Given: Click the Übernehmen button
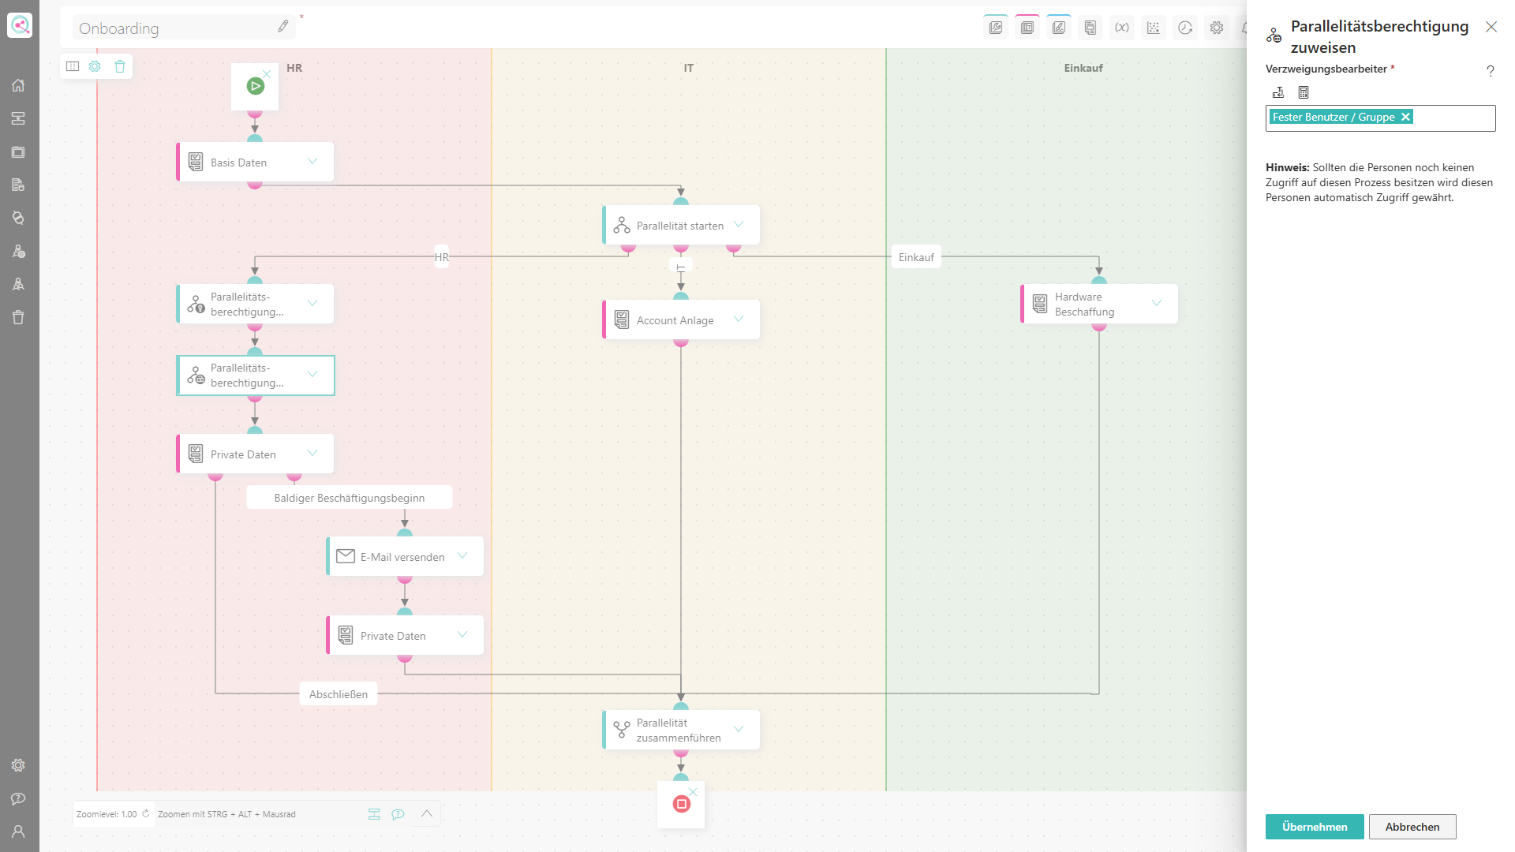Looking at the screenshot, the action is [1315, 827].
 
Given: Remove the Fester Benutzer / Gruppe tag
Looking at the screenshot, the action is [1405, 117].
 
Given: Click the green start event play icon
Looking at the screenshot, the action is [255, 86].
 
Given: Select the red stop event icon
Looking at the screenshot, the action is [681, 804].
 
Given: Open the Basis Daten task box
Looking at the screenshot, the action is [255, 162].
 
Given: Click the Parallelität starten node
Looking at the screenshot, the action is [681, 225].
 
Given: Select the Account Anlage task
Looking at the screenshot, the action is [681, 319].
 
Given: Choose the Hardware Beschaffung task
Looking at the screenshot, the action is [1099, 304].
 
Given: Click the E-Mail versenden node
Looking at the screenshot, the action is [405, 556].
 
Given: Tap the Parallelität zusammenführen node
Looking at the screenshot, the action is [681, 730].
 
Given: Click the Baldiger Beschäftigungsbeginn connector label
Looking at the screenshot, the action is [350, 498].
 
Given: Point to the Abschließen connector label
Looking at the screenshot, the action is [339, 694].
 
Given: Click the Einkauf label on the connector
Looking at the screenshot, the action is [916, 257].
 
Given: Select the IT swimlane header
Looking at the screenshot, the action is [689, 68].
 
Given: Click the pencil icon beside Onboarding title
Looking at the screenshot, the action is [283, 27].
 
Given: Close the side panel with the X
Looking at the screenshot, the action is [1491, 27].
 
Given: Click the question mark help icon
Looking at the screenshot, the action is [1491, 71].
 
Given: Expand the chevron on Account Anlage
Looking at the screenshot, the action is [739, 319].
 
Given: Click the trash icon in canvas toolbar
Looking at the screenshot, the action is [120, 66].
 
